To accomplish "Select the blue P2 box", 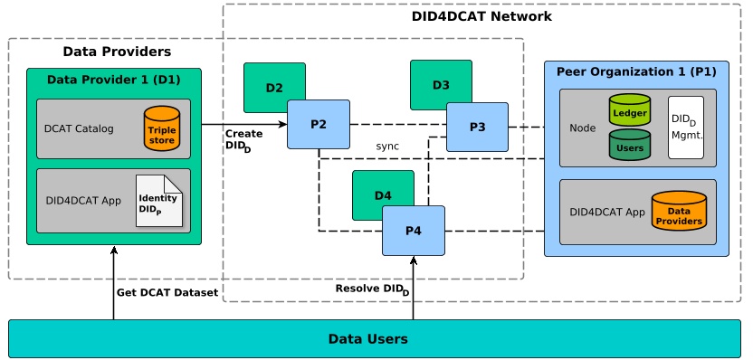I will click(319, 124).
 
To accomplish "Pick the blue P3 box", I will click(477, 127).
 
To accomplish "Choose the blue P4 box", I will click(413, 231).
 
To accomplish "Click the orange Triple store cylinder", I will click(163, 128).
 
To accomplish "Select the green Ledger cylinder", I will click(630, 109).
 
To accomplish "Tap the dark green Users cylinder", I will click(630, 144).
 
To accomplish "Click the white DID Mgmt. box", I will click(686, 128).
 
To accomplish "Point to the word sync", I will click(387, 147).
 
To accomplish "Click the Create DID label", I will click(243, 140).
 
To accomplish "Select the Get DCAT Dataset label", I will click(167, 292).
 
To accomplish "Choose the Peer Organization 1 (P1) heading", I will click(636, 71).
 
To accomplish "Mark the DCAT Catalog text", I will click(79, 128).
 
